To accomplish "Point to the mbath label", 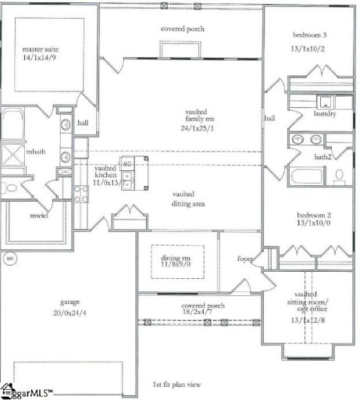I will [34, 151].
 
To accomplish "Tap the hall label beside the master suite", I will [83, 123].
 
